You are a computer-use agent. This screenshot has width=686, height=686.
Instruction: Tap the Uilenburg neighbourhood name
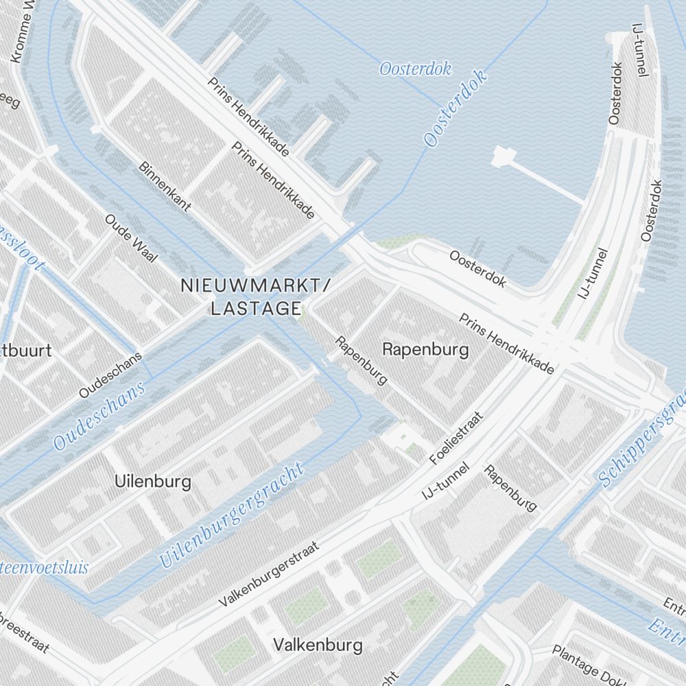click(x=153, y=482)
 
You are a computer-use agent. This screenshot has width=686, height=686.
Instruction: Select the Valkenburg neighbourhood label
click(x=317, y=646)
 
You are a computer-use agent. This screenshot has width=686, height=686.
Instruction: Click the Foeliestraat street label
click(x=457, y=437)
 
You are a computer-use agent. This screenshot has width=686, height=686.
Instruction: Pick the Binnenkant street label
click(x=165, y=187)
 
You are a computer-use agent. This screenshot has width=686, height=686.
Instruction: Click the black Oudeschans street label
click(x=110, y=375)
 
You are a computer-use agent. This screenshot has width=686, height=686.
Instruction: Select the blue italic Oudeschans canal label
click(x=100, y=416)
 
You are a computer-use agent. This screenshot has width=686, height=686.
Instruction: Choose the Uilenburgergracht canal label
click(x=231, y=516)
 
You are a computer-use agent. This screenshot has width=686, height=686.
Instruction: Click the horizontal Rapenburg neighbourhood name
click(x=425, y=350)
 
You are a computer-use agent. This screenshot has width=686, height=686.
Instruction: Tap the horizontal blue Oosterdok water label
click(x=415, y=69)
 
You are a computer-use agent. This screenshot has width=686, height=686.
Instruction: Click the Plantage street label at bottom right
click(x=582, y=663)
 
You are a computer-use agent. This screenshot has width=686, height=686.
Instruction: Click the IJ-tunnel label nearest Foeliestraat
click(x=446, y=481)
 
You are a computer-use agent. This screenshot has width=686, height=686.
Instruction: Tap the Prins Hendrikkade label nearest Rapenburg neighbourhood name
click(x=506, y=344)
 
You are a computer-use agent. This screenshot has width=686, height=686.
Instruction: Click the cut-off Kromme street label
click(x=25, y=32)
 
